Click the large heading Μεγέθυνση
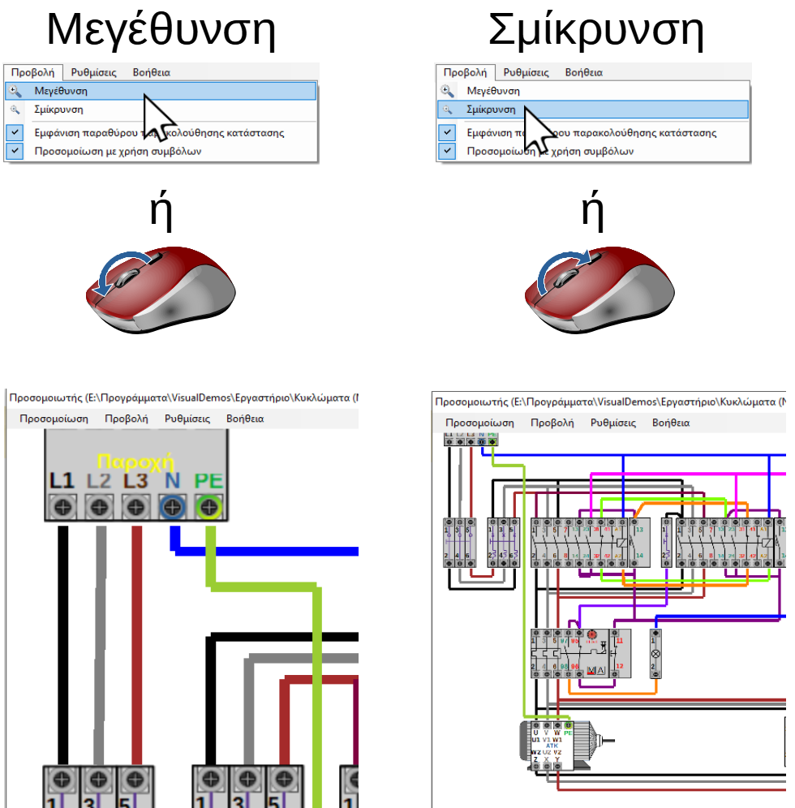point(161,30)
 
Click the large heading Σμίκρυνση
point(595,30)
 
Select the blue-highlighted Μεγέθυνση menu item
point(61,91)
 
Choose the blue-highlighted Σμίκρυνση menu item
point(491,109)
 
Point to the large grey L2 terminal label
point(99,481)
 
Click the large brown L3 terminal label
point(135,481)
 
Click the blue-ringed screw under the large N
point(171,508)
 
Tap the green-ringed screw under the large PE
point(208,508)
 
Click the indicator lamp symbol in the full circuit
point(656,653)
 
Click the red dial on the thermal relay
point(591,634)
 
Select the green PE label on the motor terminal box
point(568,732)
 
